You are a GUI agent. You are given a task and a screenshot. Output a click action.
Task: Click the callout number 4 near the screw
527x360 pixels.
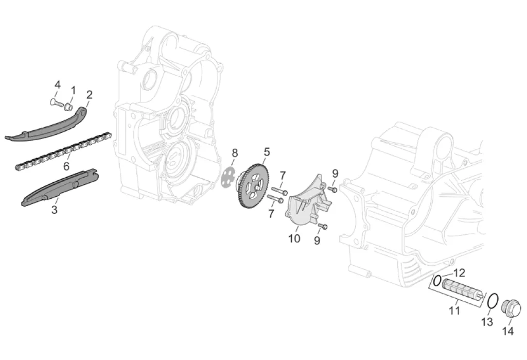tap(58, 85)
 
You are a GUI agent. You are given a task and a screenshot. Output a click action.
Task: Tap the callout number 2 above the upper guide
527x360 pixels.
tap(89, 95)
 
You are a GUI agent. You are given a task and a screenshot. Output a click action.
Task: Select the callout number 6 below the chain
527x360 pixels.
tap(66, 166)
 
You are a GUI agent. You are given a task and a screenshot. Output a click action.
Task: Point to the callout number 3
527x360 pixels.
tap(55, 210)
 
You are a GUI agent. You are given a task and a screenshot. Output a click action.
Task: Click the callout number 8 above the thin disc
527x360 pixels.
tap(235, 153)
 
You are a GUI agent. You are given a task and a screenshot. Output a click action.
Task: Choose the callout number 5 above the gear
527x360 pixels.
tap(267, 152)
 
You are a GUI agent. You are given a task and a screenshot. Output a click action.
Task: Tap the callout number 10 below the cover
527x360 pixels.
tap(294, 238)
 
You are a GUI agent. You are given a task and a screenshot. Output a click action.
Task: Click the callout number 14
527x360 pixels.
tap(508, 331)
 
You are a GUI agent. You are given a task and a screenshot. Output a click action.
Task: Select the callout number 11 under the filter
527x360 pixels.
tap(454, 310)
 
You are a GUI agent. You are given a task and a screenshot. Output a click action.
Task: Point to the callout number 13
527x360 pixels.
tap(487, 322)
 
